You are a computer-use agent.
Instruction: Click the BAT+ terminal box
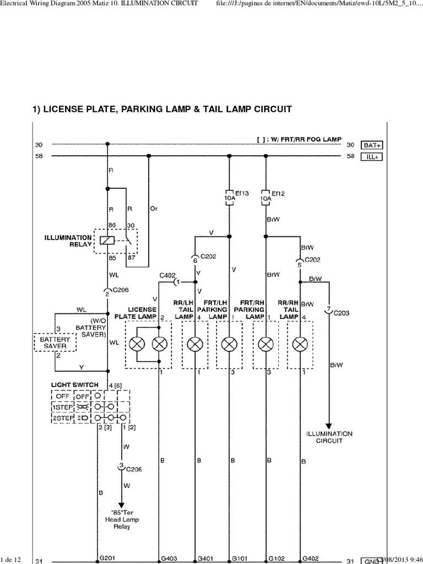[x=372, y=145]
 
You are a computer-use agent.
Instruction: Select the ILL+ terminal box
[x=372, y=156]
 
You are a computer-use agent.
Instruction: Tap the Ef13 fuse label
[x=242, y=193]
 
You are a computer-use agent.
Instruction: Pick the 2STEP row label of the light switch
[x=62, y=418]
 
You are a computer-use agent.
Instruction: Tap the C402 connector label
[x=167, y=275]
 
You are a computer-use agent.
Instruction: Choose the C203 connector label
[x=341, y=313]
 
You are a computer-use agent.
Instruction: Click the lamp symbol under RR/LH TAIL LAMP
[x=194, y=345]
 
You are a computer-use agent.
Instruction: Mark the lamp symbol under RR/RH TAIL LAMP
[x=300, y=345]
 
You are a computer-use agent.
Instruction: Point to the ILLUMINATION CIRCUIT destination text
[x=329, y=437]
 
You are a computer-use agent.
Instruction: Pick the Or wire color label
[x=154, y=209]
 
